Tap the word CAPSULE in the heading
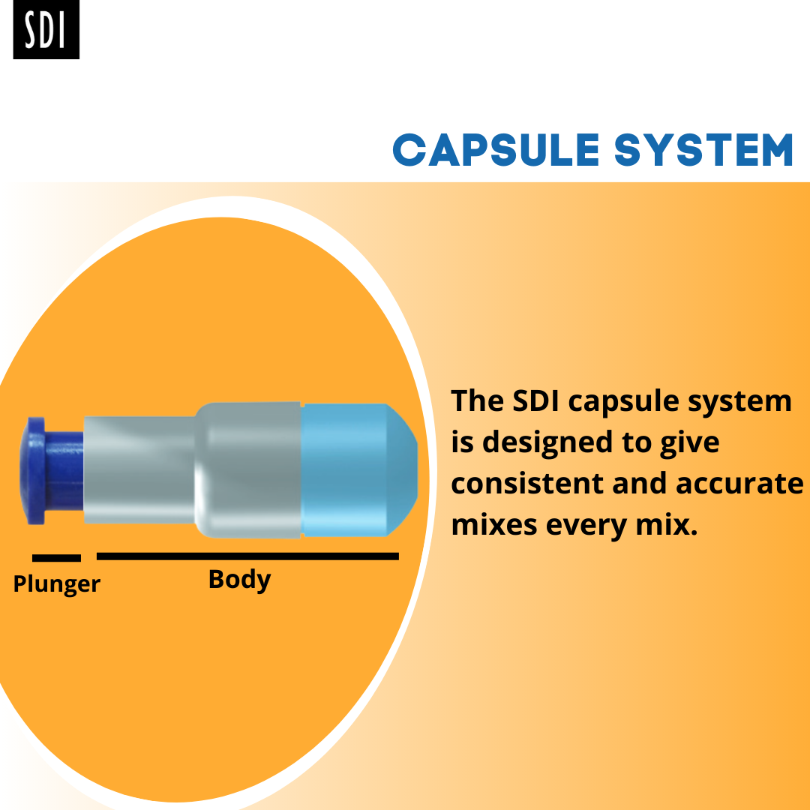tap(496, 150)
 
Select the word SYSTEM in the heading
tap(703, 150)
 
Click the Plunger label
tap(56, 583)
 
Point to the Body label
tap(239, 579)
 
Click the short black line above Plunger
tap(56, 558)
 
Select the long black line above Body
tap(247, 556)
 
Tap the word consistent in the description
tap(526, 484)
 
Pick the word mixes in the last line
tap(493, 525)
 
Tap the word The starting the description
tap(477, 401)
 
